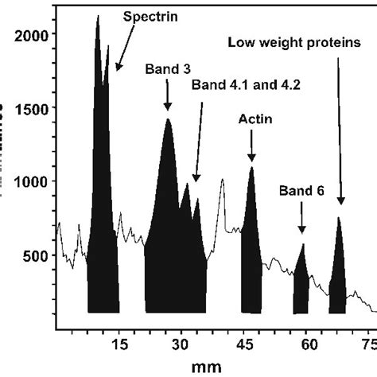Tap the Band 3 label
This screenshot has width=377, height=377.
[x=167, y=69]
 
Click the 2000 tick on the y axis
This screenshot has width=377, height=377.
[x=29, y=35]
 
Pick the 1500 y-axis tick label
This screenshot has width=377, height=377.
[x=29, y=108]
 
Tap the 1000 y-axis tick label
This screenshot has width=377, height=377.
[x=29, y=181]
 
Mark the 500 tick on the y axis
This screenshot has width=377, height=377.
[x=33, y=255]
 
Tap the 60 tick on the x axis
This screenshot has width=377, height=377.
[x=309, y=344]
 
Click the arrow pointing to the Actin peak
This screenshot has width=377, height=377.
[x=252, y=145]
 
